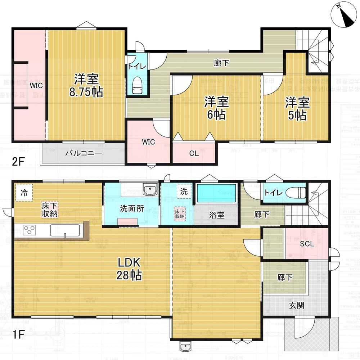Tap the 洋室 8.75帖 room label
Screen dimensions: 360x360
86,85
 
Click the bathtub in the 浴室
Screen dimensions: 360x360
216,193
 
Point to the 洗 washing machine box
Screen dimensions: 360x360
184,192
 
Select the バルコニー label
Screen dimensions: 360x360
84,153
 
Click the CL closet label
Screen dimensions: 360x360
194,153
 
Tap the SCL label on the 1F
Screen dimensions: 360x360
307,244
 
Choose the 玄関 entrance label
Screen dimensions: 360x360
297,306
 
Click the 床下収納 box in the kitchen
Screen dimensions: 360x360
50,210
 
